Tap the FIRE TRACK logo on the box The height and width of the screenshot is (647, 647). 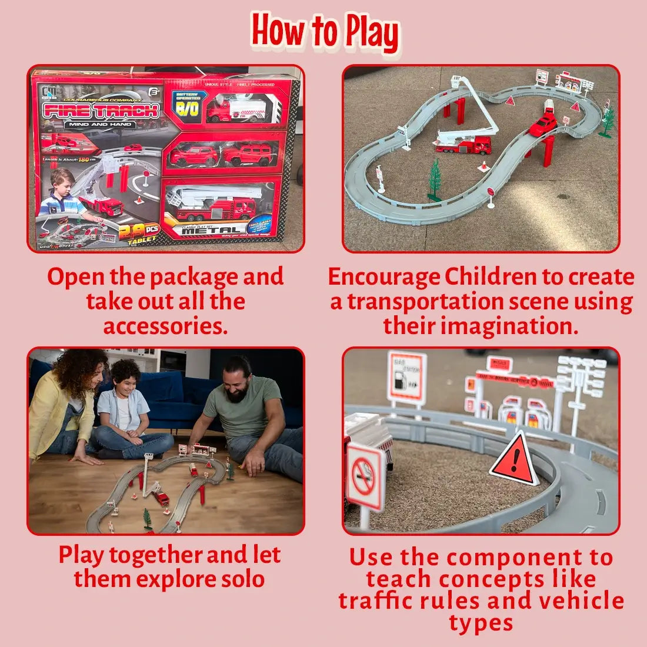pos(101,110)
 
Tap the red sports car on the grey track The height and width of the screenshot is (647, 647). pos(543,125)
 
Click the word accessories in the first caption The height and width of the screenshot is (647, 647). pos(165,326)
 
